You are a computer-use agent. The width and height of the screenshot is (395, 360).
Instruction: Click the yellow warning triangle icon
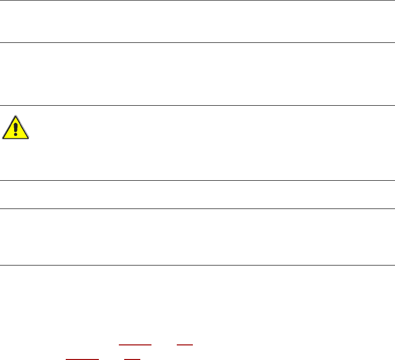[16, 129]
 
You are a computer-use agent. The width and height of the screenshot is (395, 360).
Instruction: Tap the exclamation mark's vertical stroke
[16, 128]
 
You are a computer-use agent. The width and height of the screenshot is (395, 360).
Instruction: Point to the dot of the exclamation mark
[16, 135]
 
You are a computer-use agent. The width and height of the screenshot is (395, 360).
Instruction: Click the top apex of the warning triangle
[16, 117]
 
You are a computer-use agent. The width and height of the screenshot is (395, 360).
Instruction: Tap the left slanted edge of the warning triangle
[9, 128]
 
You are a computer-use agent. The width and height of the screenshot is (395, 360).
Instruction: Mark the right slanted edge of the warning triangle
[22, 128]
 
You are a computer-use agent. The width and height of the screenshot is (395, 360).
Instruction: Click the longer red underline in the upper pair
[135, 344]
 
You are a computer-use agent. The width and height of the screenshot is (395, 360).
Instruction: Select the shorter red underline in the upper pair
[185, 344]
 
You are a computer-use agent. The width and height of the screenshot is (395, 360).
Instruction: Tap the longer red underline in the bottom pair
[82, 359]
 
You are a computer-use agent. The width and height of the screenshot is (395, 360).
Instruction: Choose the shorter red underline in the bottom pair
[132, 359]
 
